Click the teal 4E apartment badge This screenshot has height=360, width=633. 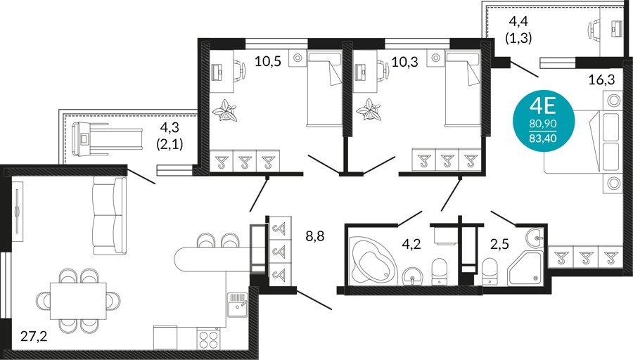[x=543, y=121]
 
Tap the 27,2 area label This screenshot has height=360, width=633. [x=34, y=336]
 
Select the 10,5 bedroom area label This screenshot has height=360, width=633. [x=268, y=61]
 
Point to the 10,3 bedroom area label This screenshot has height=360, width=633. [x=405, y=62]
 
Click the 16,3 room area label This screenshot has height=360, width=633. [x=601, y=79]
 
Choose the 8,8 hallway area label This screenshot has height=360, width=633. [x=315, y=236]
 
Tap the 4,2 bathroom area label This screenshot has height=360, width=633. [x=411, y=244]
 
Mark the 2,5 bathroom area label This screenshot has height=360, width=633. [x=500, y=244]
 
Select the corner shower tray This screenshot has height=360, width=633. [x=525, y=267]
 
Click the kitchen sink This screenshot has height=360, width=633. [x=238, y=305]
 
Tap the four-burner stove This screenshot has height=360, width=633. [x=208, y=338]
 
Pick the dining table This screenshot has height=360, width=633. [x=78, y=301]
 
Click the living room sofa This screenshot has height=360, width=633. [x=110, y=216]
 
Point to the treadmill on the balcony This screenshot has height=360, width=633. [x=107, y=139]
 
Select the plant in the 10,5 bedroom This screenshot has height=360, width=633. [x=224, y=110]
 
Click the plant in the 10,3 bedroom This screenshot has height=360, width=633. [x=369, y=110]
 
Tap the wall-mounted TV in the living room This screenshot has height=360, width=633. [x=17, y=212]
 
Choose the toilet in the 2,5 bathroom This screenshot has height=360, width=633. [x=490, y=271]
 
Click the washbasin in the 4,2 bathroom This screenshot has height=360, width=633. [x=412, y=276]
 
